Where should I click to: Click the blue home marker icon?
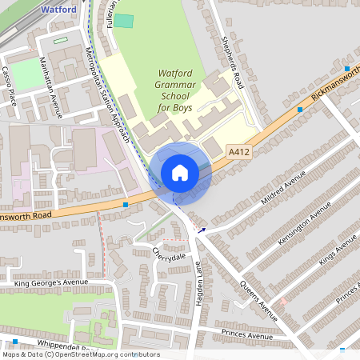pos(180,173)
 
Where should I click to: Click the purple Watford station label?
pos(58,10)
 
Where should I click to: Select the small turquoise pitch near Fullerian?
pos(123,20)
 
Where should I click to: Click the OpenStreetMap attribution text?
pos(80,354)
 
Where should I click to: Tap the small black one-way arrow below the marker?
pos(202,230)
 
